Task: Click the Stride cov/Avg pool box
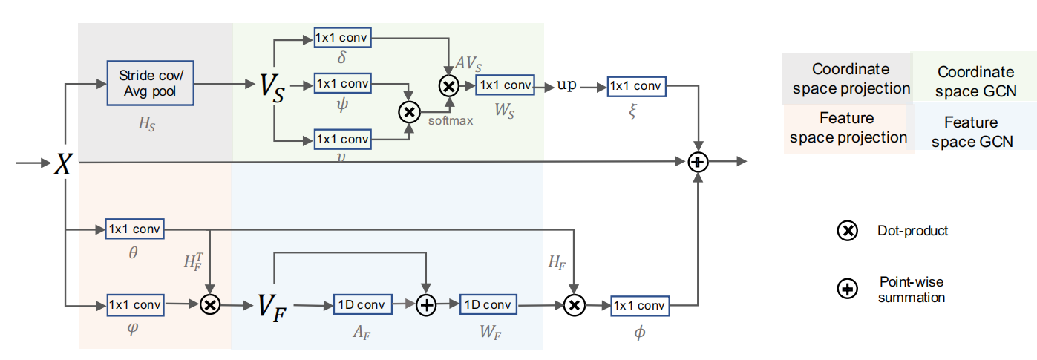point(151,84)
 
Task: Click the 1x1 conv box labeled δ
point(342,36)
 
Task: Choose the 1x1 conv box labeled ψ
point(342,83)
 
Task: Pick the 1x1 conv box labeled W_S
point(505,85)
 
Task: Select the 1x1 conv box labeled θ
point(134,229)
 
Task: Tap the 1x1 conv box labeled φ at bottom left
point(134,304)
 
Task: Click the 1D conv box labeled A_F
point(361,304)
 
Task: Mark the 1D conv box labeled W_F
point(487,304)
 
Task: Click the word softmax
point(450,121)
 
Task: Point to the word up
point(566,85)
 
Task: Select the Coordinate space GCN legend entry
point(975,82)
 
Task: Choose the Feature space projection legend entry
point(848,128)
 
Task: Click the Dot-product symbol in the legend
point(845,231)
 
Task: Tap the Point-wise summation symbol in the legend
point(845,290)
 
